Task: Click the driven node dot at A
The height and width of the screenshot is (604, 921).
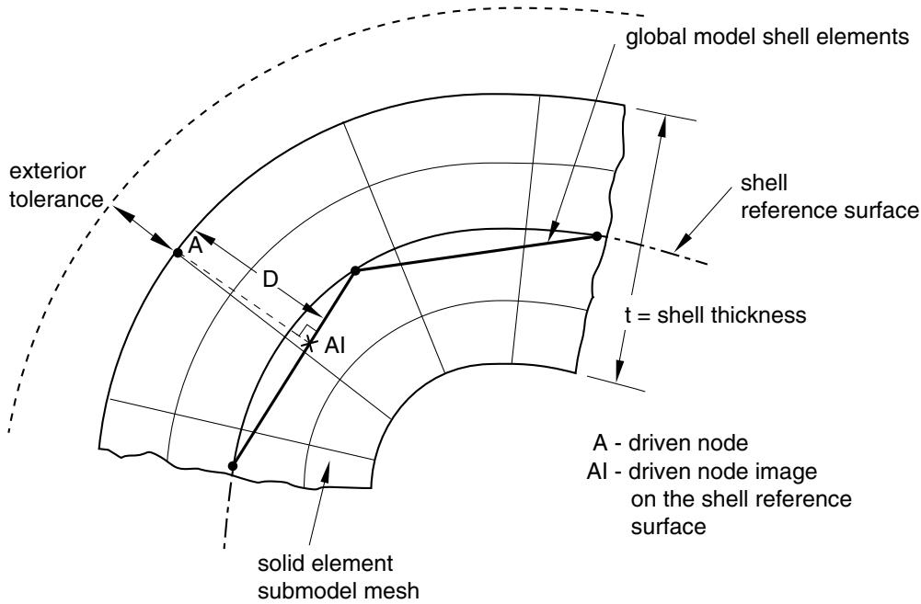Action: coord(177,253)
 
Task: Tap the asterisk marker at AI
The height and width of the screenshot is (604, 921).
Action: coord(308,343)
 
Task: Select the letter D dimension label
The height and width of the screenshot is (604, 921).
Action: coord(270,280)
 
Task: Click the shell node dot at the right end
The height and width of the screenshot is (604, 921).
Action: coord(597,236)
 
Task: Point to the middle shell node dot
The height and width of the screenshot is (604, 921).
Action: coord(355,270)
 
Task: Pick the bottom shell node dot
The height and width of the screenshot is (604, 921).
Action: coord(233,466)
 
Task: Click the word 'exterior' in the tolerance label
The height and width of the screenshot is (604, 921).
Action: coord(48,171)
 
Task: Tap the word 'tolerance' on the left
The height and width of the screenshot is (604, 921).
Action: coord(56,199)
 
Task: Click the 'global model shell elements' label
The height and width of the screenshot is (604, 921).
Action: coord(767,37)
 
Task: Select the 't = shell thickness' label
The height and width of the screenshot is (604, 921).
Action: coord(716,315)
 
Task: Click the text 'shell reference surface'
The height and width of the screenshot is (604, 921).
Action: coord(829,197)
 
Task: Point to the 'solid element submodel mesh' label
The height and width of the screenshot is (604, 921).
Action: coord(339,577)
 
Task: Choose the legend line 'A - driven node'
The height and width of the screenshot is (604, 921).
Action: coord(671,442)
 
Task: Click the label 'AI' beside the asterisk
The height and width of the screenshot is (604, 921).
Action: coord(334,346)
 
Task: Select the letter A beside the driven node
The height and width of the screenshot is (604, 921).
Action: coord(195,245)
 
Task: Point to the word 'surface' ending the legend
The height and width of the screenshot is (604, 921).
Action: coord(668,527)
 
